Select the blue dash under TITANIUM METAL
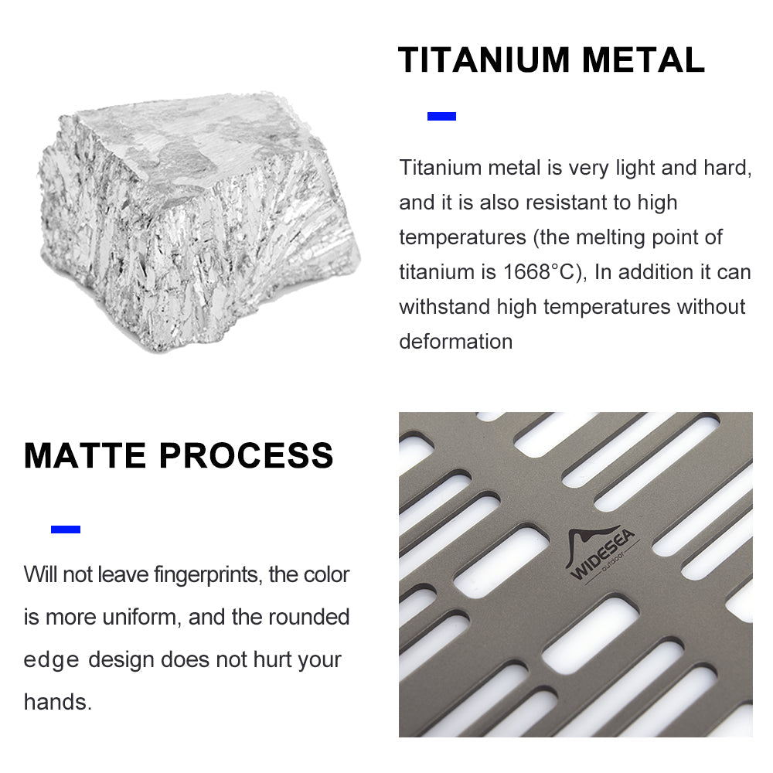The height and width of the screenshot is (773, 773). [441, 117]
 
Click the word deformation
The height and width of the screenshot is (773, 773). [455, 342]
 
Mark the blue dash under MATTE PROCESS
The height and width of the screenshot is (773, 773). [66, 530]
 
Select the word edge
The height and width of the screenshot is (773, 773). [51, 660]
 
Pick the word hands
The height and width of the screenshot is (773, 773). [56, 703]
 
